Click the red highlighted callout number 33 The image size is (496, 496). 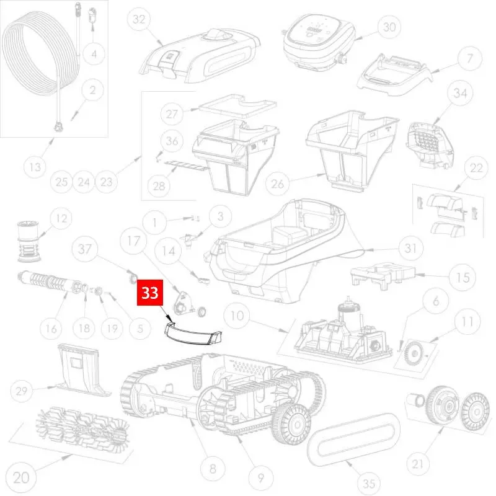coord(150,293)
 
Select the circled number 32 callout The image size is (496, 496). coord(139,19)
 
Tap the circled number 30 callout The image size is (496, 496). coord(389,27)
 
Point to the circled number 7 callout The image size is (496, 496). coord(470,58)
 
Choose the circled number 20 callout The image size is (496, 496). coord(21,477)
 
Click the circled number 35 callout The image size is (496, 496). coord(369,484)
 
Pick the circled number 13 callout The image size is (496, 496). coord(35,167)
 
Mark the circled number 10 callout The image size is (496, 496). coord(237,316)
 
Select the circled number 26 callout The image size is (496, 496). coord(277,184)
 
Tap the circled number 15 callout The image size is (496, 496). coord(463,277)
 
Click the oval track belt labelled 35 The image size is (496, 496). coord(353,439)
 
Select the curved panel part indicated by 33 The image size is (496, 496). coord(192,333)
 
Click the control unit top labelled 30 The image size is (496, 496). coord(318,41)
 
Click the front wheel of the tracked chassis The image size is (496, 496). coord(290,424)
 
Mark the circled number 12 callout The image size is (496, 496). coord(61,218)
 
